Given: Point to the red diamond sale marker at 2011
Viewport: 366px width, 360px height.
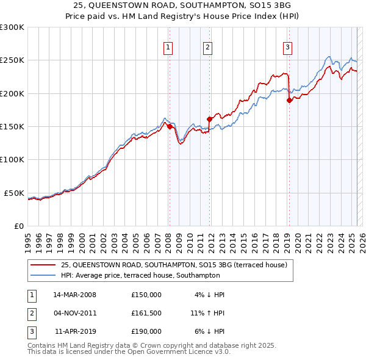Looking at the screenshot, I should [x=209, y=119].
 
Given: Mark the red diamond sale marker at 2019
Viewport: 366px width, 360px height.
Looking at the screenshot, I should [x=289, y=101].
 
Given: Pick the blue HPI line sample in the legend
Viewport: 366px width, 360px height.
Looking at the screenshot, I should [x=42, y=276].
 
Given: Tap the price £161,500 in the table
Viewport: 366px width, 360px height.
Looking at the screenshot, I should [x=146, y=313].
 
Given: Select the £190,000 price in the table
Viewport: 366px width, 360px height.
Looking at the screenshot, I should [x=146, y=331].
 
